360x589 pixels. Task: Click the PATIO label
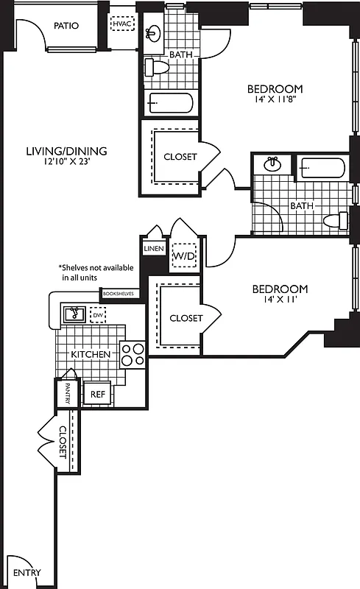[66, 25]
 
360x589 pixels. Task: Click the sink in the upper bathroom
[154, 33]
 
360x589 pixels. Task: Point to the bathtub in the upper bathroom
[170, 102]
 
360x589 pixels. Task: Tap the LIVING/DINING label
[66, 151]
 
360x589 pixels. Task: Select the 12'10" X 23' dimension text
[66, 163]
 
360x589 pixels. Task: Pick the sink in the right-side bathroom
[272, 163]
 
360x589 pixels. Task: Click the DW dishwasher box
[97, 315]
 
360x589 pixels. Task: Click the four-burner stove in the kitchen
[133, 355]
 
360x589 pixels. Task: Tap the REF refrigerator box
[97, 394]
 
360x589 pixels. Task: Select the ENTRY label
[27, 573]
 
